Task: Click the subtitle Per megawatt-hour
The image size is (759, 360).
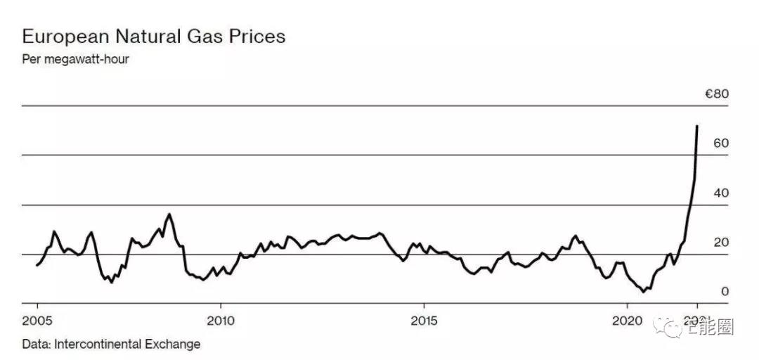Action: tap(75, 59)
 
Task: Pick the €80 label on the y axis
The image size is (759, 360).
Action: tap(717, 94)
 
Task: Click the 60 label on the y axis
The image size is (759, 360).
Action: tap(721, 143)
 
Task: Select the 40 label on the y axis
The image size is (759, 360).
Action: tap(721, 193)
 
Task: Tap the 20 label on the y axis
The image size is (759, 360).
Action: tap(721, 243)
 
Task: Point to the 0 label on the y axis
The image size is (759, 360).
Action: tap(725, 292)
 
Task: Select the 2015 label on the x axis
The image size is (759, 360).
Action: tap(423, 321)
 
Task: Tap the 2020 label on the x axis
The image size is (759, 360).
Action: tap(626, 321)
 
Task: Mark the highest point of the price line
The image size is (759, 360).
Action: tap(696, 126)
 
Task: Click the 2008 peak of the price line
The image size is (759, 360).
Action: tap(169, 214)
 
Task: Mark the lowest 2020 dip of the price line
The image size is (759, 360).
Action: tap(643, 291)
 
